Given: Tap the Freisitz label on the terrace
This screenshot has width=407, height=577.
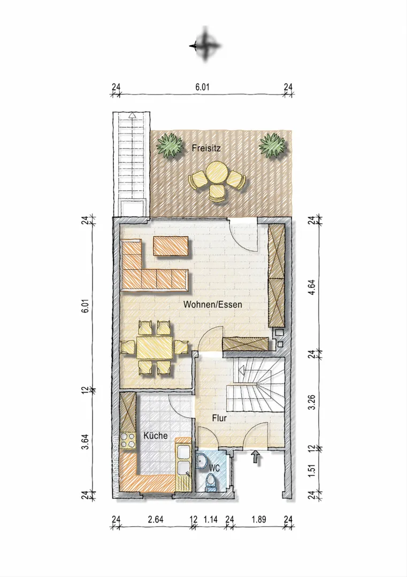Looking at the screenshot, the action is coord(206,149).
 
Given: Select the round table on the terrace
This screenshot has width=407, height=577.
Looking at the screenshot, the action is coord(217,173).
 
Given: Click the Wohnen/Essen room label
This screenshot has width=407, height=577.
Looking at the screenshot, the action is coord(212,305).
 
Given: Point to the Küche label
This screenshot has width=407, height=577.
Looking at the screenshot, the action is coord(156,436).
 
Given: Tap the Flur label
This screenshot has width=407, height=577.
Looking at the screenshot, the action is coord(219,418).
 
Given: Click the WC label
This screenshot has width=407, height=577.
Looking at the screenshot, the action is coord(214,469).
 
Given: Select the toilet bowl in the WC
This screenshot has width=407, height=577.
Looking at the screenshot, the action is coord(211,481).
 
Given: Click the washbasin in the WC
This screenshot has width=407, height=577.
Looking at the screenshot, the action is coord(202,461).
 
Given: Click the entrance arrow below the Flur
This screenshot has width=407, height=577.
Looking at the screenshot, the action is coord(256,458).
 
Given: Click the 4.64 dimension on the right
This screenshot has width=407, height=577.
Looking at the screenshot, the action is coord(312,287).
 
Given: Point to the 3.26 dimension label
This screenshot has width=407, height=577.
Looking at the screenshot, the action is coord(312,402).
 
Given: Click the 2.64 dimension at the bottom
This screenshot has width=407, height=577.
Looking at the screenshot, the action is coord(156,519).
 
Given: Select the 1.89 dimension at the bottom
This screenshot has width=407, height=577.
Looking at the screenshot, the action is coord(258,519).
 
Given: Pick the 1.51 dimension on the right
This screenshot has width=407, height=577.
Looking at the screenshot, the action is coord(312,472).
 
